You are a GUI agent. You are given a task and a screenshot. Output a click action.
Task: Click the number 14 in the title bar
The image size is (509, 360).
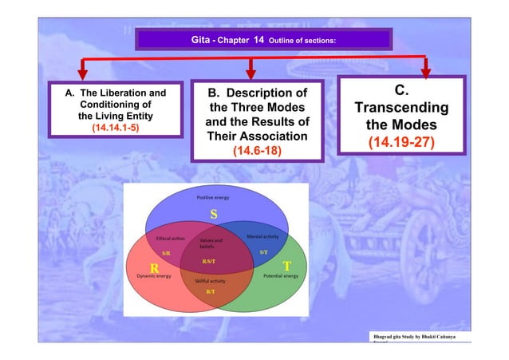[258, 38]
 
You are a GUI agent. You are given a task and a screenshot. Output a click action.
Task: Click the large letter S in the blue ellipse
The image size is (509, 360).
[213, 214]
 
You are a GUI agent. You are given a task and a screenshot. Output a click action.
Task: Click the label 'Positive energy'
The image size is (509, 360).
[214, 196]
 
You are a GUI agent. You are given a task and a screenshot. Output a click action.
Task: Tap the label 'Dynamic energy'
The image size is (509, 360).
[154, 275]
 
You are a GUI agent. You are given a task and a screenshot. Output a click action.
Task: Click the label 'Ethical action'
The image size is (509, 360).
[171, 238]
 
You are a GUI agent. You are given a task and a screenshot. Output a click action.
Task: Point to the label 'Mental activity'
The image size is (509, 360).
[262, 237]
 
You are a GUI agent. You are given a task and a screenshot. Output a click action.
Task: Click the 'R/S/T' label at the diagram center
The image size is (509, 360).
[209, 260]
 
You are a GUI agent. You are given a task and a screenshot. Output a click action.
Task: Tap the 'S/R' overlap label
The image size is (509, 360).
[166, 251]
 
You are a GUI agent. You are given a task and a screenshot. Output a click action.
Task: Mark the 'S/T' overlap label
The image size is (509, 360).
[263, 251]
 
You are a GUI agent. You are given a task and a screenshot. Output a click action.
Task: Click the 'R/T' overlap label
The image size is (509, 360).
[210, 292]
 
